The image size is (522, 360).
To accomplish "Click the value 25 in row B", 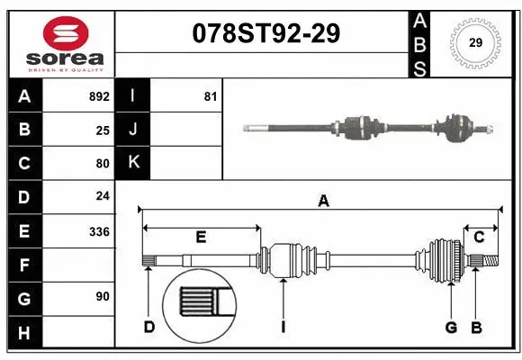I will pyautogui.click(x=103, y=130).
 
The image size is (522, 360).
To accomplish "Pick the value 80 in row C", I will pyautogui.click(x=103, y=164).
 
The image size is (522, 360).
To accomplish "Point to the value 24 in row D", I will pyautogui.click(x=103, y=197).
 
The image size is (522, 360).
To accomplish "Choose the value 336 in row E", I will pyautogui.click(x=99, y=231).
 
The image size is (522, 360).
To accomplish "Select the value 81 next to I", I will pyautogui.click(x=210, y=96).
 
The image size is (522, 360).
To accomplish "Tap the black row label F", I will pyautogui.click(x=24, y=265).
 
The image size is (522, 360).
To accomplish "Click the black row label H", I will pyautogui.click(x=24, y=333).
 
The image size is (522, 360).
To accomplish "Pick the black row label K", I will pyautogui.click(x=133, y=164).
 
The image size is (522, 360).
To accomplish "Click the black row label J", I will pyautogui.click(x=133, y=130).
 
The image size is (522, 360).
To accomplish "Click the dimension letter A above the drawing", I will pyautogui.click(x=323, y=202).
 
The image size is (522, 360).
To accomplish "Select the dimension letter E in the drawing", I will pyautogui.click(x=201, y=238).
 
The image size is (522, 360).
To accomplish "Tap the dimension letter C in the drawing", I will pyautogui.click(x=480, y=238).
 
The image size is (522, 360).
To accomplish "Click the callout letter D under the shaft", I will pyautogui.click(x=149, y=327).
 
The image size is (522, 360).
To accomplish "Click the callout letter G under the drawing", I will pyautogui.click(x=451, y=327).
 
